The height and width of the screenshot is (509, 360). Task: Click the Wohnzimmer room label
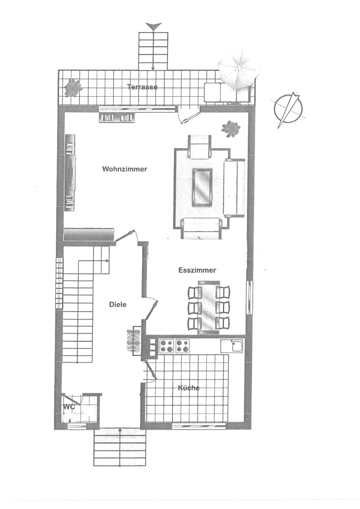coord(125,169)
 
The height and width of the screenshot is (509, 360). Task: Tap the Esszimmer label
coord(198,270)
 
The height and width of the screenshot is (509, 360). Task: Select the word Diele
coord(118,304)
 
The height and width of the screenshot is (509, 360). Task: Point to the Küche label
coord(188,387)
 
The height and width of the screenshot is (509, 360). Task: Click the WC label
coord(69,406)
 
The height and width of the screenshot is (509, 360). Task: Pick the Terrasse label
coord(143,87)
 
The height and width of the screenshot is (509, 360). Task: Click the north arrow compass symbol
coord(288,108)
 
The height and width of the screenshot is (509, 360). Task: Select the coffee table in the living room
coord(202,187)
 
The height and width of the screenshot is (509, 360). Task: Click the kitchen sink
coord(232,346)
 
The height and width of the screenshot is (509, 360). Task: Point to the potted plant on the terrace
coord(73,88)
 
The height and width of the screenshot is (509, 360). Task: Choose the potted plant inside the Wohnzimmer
coord(231,129)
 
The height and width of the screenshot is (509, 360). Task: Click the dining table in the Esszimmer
coord(209,307)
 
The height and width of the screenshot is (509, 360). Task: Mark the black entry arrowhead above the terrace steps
coord(154,27)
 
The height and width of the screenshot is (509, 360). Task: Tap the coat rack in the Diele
coord(133,341)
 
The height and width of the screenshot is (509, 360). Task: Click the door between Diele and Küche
coord(151,371)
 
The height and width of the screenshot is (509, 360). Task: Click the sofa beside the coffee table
coord(234,188)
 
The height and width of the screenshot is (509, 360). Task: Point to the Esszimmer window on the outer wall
coord(248,297)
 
